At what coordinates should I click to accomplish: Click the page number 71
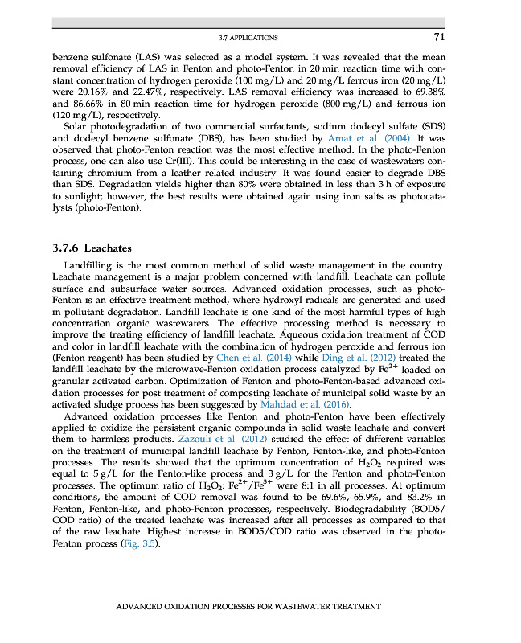coord(439,37)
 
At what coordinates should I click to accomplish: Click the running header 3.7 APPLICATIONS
coord(248,38)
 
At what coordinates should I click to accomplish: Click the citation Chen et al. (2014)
coord(242,356)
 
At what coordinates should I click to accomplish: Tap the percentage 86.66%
coord(91,104)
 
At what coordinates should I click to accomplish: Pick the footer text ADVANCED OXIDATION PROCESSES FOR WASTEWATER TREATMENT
coord(248,606)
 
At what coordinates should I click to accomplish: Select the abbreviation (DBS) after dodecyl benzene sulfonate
coord(190,138)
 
